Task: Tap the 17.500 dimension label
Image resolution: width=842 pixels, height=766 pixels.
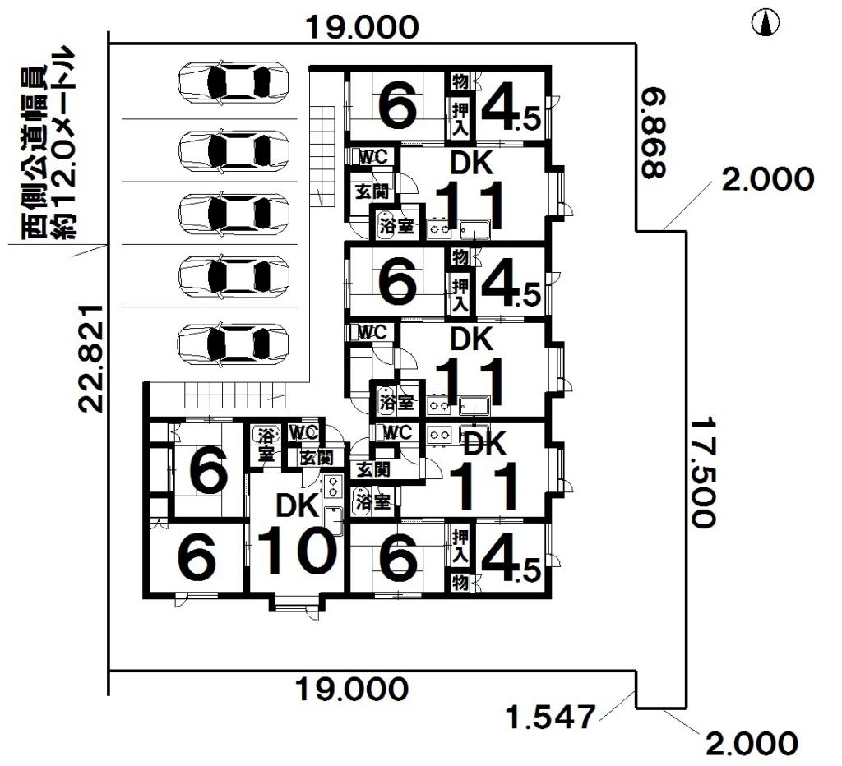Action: [701, 472]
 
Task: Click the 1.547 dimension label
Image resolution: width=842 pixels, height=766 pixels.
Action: [550, 717]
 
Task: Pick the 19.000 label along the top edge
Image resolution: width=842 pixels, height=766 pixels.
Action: [362, 28]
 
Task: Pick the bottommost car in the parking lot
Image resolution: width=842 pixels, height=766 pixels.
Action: [234, 344]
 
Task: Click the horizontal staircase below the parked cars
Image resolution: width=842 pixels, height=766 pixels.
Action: [234, 395]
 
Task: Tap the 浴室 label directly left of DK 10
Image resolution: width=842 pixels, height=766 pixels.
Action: [266, 445]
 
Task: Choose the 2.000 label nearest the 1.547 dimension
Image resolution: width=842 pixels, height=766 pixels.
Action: [752, 744]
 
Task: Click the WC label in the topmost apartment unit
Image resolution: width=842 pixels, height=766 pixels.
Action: [368, 155]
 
